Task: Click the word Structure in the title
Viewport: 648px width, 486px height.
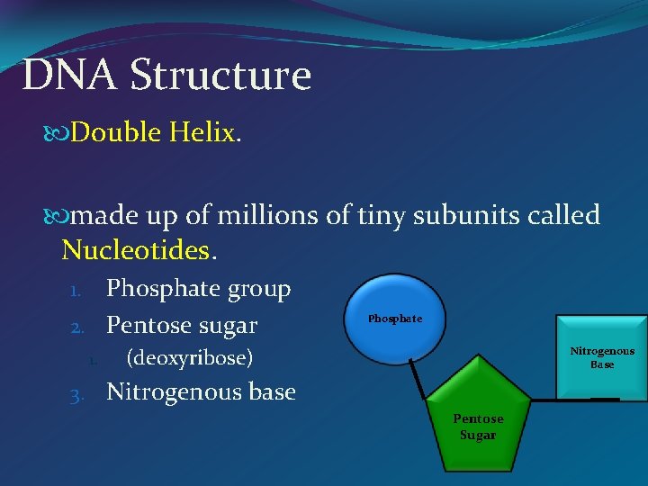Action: (220, 76)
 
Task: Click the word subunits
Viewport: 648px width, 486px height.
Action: (459, 216)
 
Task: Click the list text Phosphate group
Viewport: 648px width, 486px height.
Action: (199, 290)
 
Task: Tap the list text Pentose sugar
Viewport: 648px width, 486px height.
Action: (182, 325)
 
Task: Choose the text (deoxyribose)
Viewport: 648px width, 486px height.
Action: (189, 358)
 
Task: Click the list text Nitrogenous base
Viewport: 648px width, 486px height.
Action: (201, 392)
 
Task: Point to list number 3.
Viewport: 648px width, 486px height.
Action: (78, 394)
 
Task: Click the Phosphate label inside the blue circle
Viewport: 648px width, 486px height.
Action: (394, 319)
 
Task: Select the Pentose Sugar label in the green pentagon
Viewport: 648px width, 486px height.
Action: (478, 427)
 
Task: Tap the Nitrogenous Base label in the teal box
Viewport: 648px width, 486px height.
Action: (602, 357)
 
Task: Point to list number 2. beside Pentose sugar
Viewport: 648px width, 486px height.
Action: (78, 327)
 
